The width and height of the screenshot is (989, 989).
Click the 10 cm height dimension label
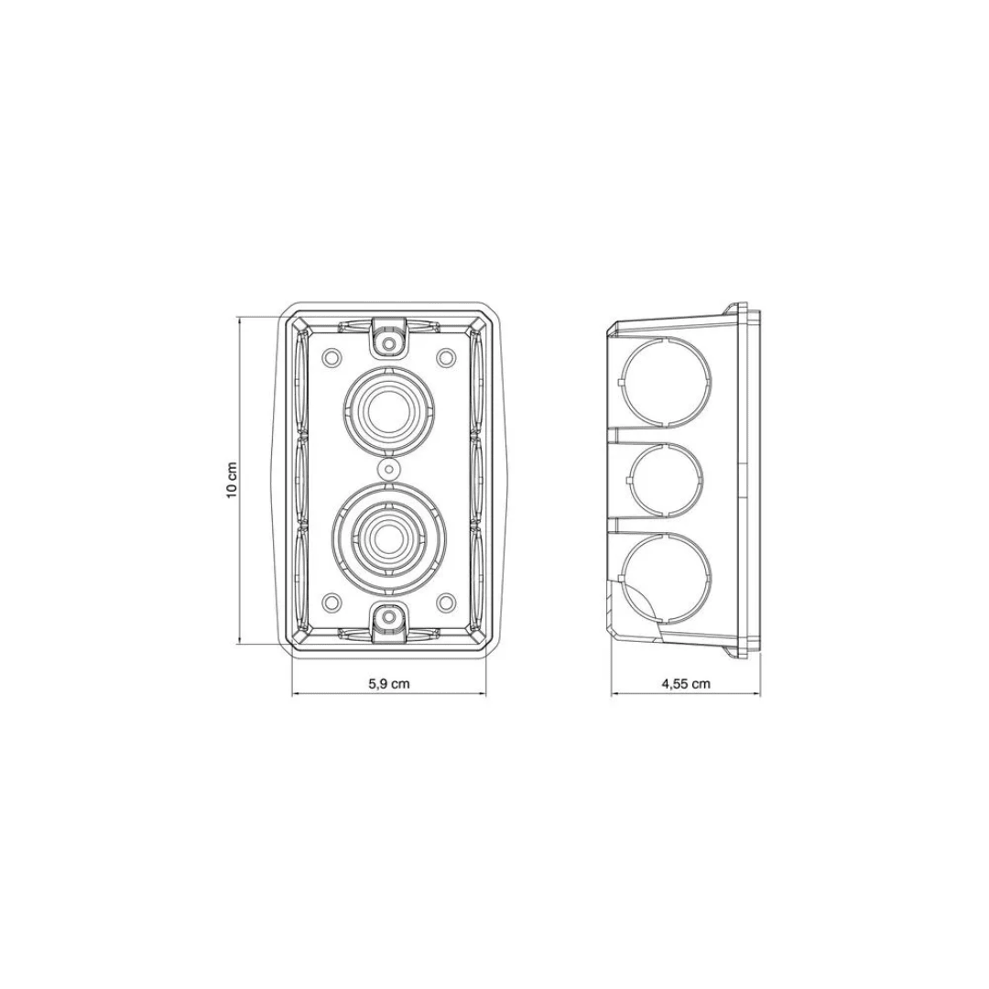[x=234, y=481]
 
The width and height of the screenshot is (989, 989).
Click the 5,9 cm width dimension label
[x=389, y=683]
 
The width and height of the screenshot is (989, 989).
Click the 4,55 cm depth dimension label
[x=686, y=683]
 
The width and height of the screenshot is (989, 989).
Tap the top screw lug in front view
[x=390, y=340]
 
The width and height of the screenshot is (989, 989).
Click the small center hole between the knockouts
[x=390, y=469]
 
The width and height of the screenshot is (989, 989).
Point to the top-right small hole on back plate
[x=446, y=356]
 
